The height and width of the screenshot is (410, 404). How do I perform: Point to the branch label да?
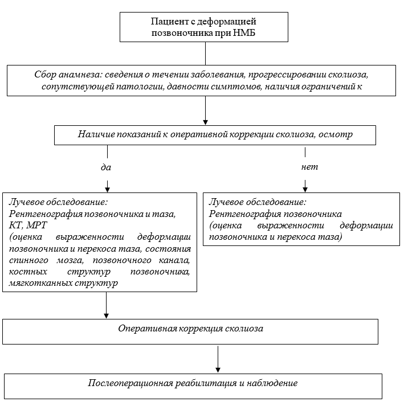[x=107, y=167]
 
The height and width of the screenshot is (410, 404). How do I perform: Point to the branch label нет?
[x=309, y=167]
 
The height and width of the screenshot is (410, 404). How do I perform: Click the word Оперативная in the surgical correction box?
[x=148, y=329]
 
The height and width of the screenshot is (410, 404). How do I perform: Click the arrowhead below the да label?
[x=107, y=190]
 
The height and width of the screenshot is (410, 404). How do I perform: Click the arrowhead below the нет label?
[x=305, y=190]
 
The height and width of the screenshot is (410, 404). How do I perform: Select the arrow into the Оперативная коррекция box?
[x=107, y=315]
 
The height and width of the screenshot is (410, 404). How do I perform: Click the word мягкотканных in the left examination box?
[x=36, y=282]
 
